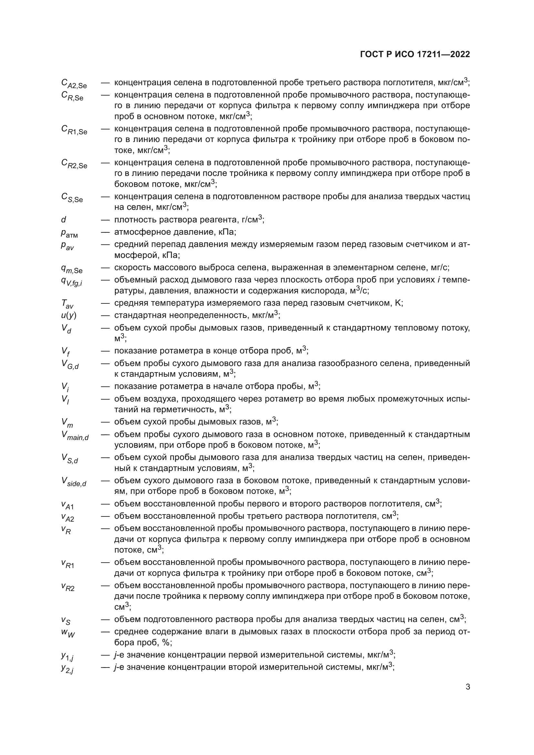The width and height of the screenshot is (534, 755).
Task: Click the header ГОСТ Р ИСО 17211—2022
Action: click(x=415, y=55)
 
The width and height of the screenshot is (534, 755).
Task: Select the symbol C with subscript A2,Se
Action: click(x=74, y=84)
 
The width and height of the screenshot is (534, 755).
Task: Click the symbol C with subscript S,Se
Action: click(x=72, y=198)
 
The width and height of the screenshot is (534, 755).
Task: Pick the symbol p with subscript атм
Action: click(x=69, y=233)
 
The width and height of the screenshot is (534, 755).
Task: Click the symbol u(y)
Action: click(x=68, y=315)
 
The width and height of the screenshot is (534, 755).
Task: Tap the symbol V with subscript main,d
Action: click(x=75, y=436)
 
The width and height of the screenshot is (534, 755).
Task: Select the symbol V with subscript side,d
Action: click(x=74, y=482)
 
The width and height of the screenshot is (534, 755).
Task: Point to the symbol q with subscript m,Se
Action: click(x=71, y=269)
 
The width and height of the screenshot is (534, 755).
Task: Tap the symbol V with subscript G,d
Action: click(x=70, y=364)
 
